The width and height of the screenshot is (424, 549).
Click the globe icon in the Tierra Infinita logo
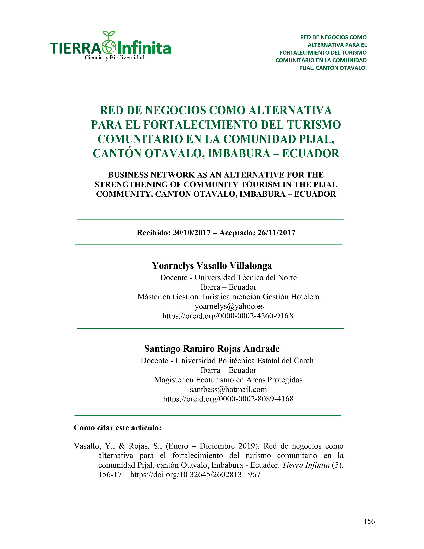109,47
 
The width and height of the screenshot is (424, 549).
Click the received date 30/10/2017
192,233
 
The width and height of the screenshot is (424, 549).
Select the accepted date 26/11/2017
276,233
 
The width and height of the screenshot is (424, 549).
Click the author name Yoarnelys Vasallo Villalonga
212,266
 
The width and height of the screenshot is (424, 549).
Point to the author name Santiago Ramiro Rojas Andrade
212,349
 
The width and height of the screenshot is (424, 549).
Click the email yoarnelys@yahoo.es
229,306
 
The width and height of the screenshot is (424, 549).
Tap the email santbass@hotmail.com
228,389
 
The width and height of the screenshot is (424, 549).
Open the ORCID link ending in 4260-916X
228,316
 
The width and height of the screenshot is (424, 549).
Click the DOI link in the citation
195,475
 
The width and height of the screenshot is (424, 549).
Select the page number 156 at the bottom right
369,521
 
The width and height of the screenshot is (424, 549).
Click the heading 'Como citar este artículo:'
117,428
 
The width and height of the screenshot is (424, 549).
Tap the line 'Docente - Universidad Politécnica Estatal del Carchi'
228,361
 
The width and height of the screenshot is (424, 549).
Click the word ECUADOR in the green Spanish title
311,154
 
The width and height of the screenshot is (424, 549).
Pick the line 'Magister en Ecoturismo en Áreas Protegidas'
228,380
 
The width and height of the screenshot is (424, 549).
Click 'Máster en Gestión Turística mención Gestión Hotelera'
228,297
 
